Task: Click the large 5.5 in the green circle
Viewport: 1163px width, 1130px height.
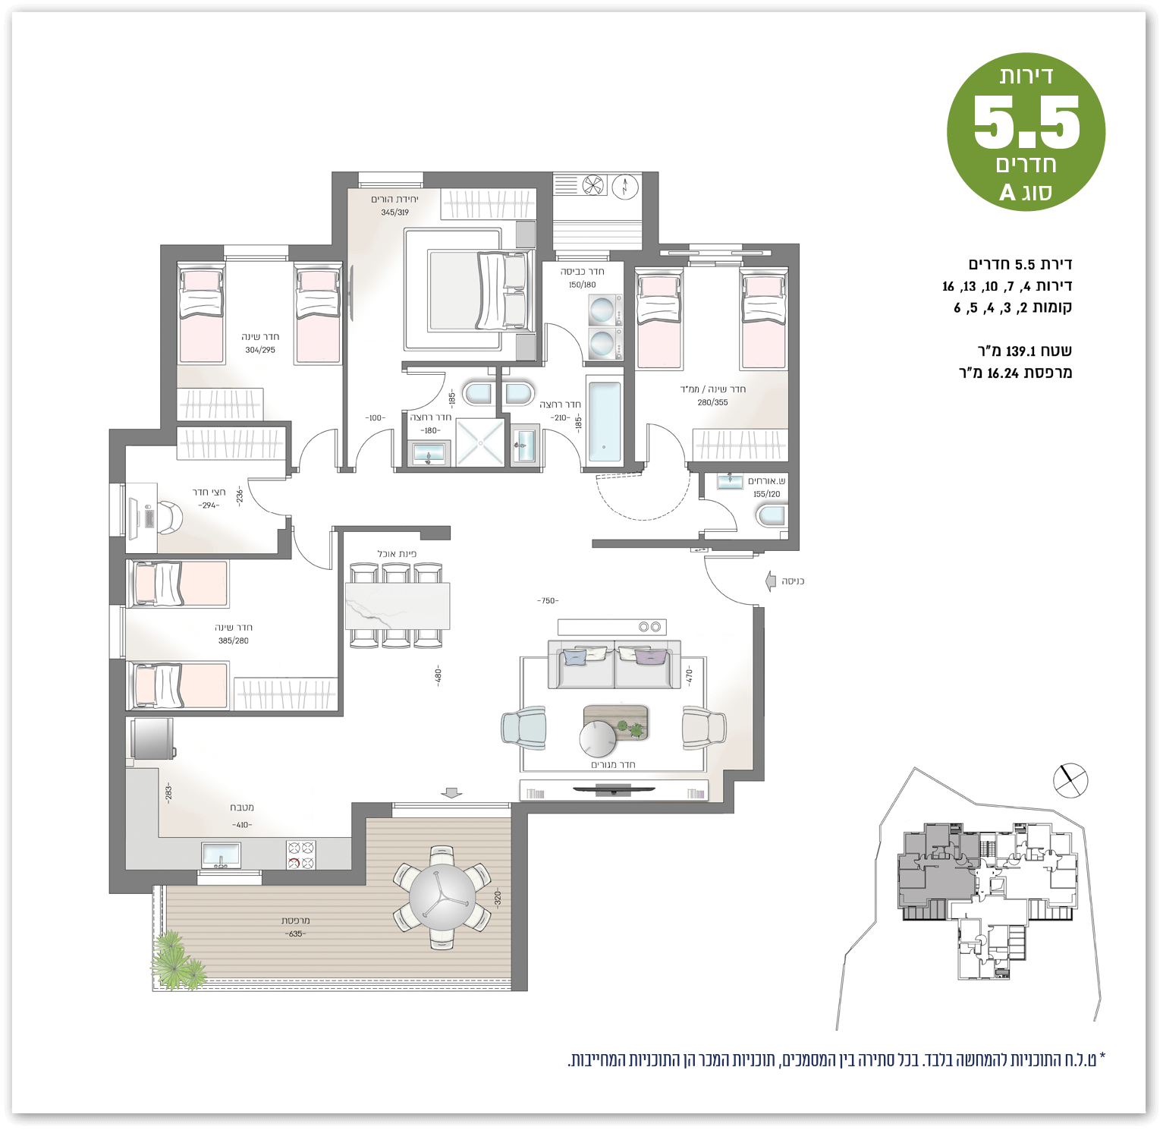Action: tap(1026, 122)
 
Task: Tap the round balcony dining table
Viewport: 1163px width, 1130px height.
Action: tap(442, 896)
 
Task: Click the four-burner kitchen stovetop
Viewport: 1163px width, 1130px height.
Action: tap(300, 855)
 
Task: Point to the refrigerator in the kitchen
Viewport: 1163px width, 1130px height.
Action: tap(152, 738)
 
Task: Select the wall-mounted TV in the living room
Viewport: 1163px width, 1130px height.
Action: tap(613, 791)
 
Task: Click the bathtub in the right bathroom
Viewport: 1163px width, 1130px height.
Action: tap(605, 422)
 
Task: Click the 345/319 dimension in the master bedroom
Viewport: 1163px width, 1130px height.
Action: tap(394, 212)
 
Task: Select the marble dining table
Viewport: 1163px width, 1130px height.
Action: tap(398, 606)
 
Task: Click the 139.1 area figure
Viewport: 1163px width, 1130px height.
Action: tap(1020, 351)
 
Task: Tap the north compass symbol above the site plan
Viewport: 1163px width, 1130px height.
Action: tap(1070, 780)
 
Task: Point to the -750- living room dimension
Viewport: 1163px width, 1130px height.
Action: tap(548, 601)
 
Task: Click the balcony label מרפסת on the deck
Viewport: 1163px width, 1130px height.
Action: tap(295, 921)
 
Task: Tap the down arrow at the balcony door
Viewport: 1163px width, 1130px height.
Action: tap(451, 792)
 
